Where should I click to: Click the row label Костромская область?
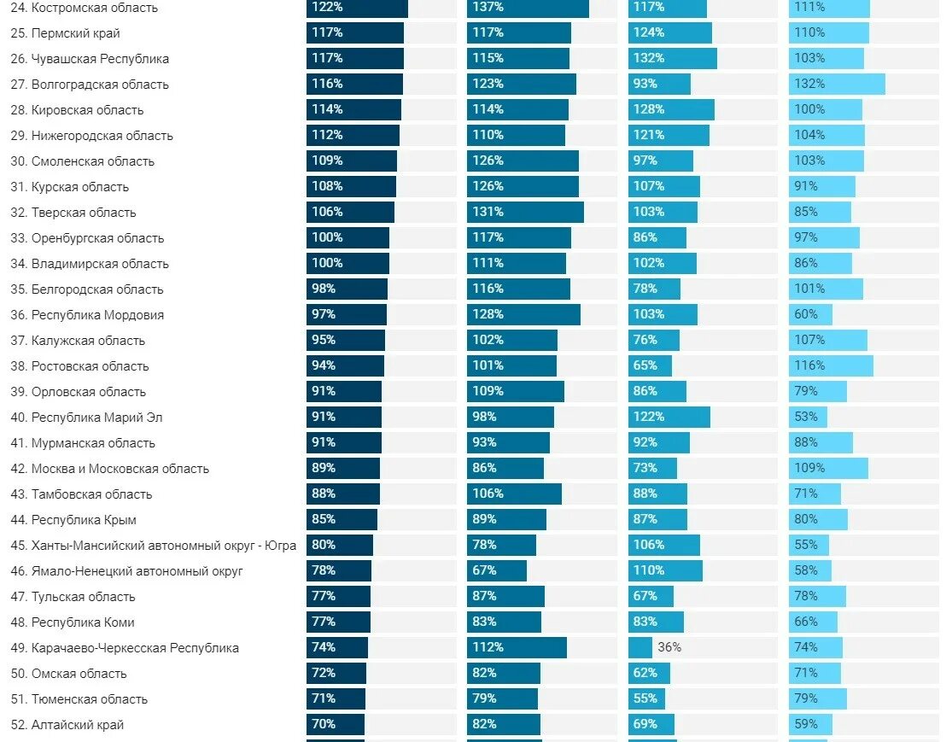point(94,8)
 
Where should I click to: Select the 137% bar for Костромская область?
point(527,8)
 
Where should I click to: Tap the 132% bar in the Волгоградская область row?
point(836,84)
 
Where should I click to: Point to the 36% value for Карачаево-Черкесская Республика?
point(669,647)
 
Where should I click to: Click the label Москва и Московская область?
point(120,469)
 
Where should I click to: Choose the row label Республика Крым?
point(84,520)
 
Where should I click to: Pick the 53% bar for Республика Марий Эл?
point(808,417)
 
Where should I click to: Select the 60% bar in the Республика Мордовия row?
point(810,314)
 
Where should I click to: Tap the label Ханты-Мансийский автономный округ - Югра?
point(164,546)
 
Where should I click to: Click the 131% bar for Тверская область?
point(524,212)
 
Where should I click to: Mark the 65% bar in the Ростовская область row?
point(650,365)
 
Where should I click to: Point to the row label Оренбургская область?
point(97,238)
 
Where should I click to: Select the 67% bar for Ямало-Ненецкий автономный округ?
point(496,570)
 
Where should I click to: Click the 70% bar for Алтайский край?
point(336,724)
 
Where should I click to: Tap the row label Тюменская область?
point(89,699)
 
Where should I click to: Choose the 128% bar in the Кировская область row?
point(671,109)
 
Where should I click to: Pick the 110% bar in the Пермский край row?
point(828,32)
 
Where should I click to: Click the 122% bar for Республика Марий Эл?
point(669,417)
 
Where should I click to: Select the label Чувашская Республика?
point(100,59)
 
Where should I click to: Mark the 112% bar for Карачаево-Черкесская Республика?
point(516,647)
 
